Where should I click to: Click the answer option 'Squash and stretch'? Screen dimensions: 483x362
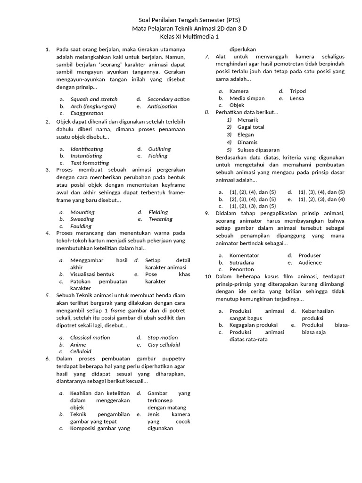(x=94, y=99)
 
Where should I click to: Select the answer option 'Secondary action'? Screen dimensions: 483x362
(x=168, y=99)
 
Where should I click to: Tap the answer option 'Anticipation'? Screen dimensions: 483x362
(x=162, y=106)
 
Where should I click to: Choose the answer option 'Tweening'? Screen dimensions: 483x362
(x=160, y=219)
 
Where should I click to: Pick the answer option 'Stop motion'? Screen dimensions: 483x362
(x=163, y=337)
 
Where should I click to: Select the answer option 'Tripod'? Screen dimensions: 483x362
(x=297, y=91)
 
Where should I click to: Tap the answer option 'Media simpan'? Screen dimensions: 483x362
(x=247, y=98)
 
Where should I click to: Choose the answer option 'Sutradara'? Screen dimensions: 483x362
(x=241, y=262)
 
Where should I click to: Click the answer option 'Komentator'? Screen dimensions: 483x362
(x=244, y=255)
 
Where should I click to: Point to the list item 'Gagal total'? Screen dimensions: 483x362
(x=251, y=127)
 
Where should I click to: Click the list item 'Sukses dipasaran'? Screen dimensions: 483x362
(x=258, y=150)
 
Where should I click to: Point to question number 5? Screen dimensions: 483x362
(x=48, y=295)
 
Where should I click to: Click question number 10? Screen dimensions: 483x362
(x=208, y=276)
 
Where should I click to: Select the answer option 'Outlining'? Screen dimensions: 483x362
(x=159, y=149)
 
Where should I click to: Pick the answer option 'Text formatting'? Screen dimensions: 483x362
(x=90, y=163)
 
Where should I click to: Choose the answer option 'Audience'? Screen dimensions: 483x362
(x=310, y=262)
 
